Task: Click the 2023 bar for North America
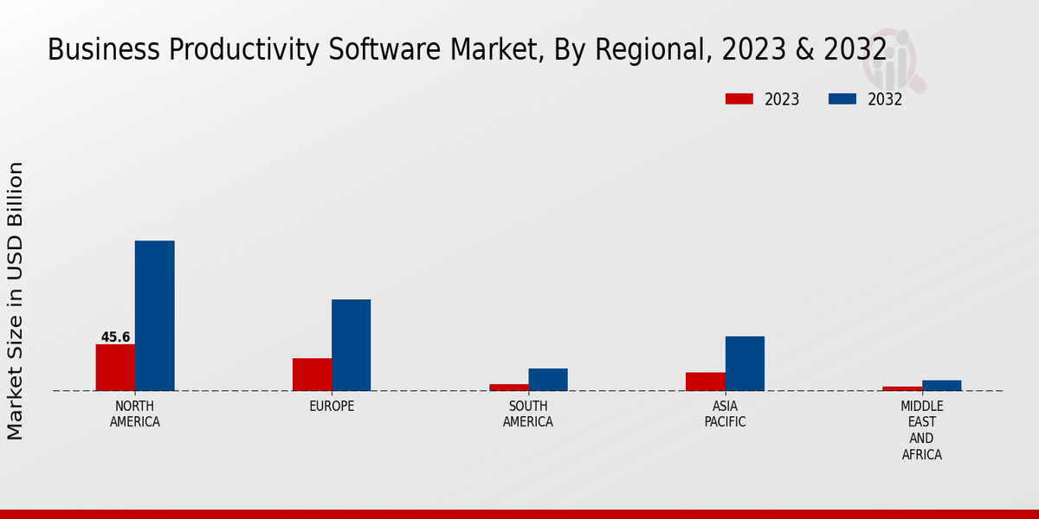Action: click(x=115, y=368)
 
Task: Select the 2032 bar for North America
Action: click(x=154, y=316)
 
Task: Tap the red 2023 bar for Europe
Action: click(x=312, y=375)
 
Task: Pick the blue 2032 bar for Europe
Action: click(x=351, y=345)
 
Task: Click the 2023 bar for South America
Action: click(x=508, y=388)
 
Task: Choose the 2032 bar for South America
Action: click(x=548, y=380)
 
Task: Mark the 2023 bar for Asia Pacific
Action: click(x=705, y=381)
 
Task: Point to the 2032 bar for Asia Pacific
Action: click(x=745, y=363)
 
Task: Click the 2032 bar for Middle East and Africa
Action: click(x=941, y=386)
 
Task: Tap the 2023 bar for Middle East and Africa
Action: click(x=902, y=388)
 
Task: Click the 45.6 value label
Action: click(x=115, y=337)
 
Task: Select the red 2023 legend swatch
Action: click(x=739, y=99)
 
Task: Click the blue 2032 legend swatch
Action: click(x=842, y=99)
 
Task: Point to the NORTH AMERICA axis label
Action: click(x=135, y=414)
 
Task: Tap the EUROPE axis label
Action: click(x=332, y=407)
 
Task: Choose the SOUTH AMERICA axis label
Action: click(x=528, y=414)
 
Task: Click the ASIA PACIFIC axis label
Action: click(x=725, y=414)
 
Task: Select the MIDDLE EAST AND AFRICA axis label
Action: click(x=921, y=430)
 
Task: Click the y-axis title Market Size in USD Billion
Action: click(x=16, y=300)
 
